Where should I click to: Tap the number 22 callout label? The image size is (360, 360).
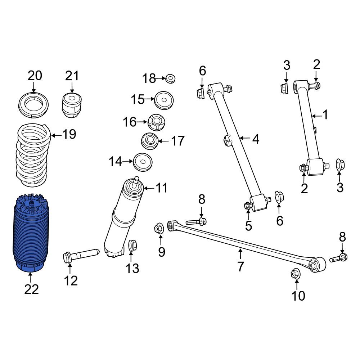[31, 289]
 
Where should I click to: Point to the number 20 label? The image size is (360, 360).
[35, 76]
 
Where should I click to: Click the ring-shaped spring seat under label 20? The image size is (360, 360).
[33, 104]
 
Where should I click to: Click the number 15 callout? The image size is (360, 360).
[138, 100]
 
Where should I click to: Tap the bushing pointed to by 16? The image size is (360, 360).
[156, 122]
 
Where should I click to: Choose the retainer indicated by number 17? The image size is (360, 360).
[149, 141]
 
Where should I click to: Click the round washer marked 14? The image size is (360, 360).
[143, 163]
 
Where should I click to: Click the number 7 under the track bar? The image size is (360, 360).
[240, 267]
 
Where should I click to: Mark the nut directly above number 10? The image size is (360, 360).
[296, 274]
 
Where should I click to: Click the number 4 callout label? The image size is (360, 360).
[255, 139]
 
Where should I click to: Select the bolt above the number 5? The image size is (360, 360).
[248, 206]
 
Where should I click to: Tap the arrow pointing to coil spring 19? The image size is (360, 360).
[55, 135]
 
